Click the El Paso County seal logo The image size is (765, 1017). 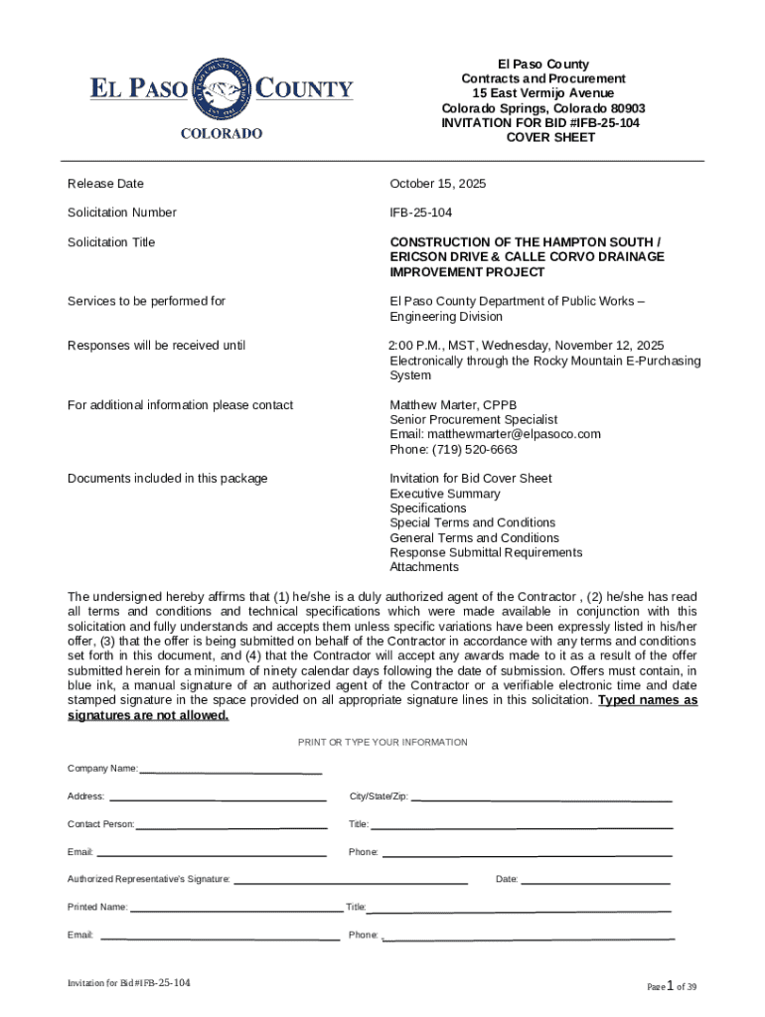[x=222, y=89]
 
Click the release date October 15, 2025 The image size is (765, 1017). [x=438, y=184]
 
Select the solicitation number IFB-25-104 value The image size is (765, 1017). [x=420, y=213]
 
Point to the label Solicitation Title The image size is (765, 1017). [x=111, y=242]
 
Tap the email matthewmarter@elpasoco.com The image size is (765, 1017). [x=495, y=434]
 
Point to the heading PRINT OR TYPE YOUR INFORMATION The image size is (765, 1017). [x=382, y=743]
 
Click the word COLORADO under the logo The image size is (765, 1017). [x=222, y=133]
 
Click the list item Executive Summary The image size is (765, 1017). [x=445, y=494]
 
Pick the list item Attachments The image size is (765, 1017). [x=424, y=567]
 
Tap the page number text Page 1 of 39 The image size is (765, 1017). [x=672, y=986]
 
